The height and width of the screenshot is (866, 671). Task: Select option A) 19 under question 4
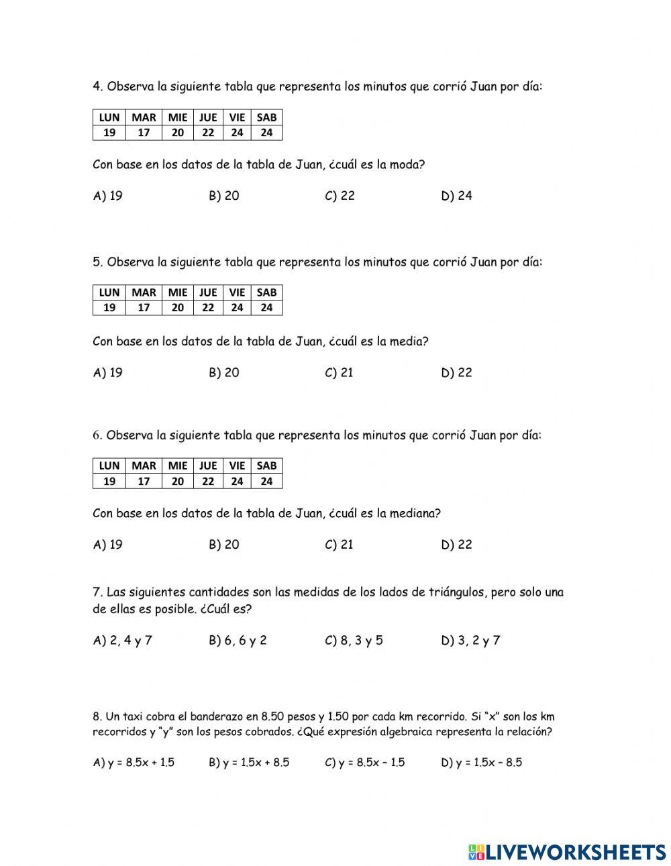107,196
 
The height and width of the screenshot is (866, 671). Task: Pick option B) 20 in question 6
223,545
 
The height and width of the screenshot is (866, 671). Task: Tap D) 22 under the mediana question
456,545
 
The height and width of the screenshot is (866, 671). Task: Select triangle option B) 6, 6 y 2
238,641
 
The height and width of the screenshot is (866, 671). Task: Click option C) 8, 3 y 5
354,641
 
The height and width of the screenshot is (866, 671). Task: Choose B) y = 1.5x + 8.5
249,763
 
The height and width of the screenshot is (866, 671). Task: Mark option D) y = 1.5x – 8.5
481,763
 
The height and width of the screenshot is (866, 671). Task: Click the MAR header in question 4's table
144,117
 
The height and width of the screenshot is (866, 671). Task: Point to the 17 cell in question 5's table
144,308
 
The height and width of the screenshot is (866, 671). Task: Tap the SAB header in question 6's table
266,466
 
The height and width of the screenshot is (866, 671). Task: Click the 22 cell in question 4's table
208,133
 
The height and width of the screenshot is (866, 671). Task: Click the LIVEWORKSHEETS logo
567,852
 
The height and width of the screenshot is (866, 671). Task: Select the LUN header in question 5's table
109,292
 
